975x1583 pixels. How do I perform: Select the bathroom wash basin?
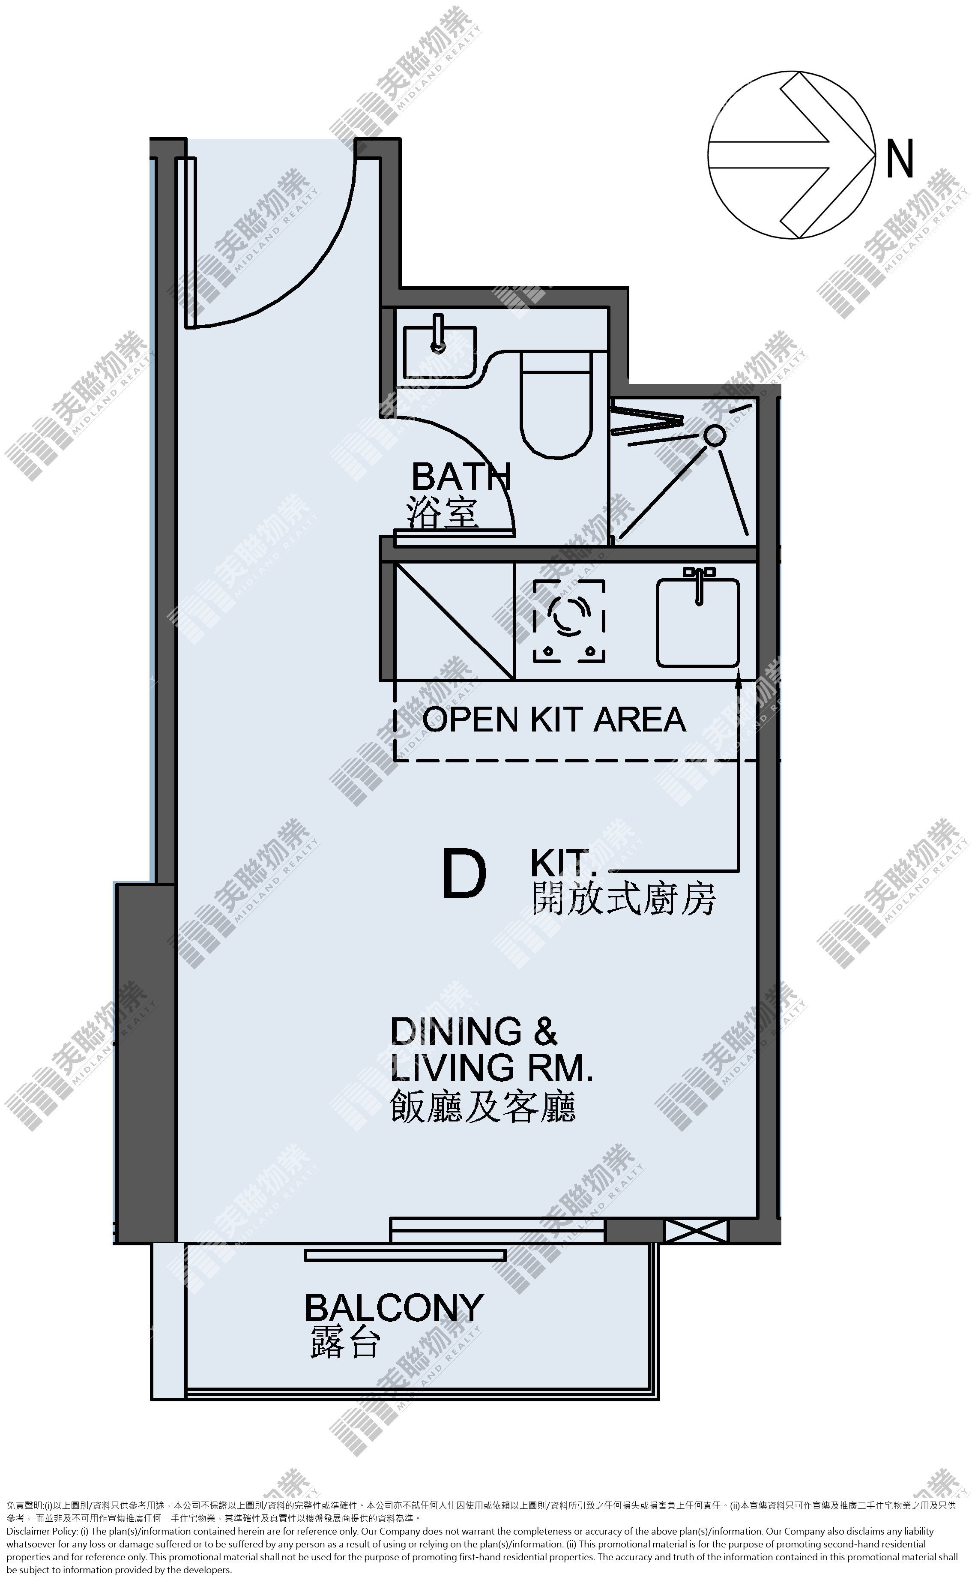pos(440,351)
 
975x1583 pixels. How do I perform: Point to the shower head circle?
pos(715,435)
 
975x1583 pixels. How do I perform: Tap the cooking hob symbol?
pos(569,621)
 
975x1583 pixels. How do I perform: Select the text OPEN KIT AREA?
pos(554,719)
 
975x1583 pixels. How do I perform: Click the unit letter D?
pos(464,875)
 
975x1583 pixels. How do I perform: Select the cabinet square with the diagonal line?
pos(454,621)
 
